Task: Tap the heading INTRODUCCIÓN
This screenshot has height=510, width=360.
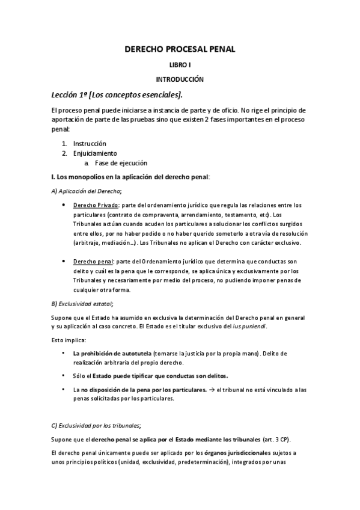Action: [180, 79]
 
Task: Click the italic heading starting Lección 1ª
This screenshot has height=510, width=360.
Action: [117, 95]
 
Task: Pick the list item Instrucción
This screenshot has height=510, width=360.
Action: [90, 144]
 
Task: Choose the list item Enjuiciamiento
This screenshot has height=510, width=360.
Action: [95, 153]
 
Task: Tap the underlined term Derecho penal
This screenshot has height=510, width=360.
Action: [93, 263]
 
